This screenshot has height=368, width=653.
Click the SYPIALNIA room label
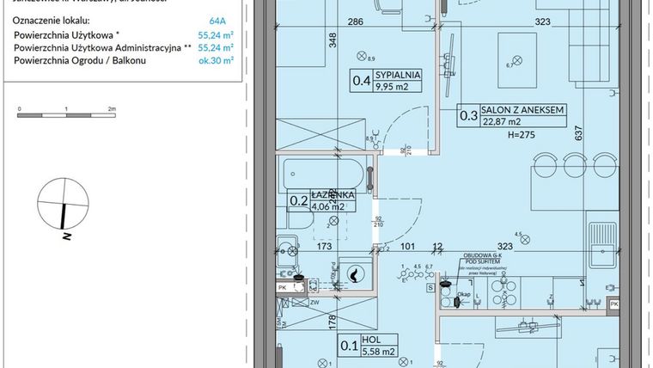coord(398,75)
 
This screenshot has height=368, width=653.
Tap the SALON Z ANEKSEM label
coord(523,110)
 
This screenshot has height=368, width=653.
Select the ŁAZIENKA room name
coord(327,194)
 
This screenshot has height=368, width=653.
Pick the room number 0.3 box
coord(469,116)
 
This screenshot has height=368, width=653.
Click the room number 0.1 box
coord(350,346)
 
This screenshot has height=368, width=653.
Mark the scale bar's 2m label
coord(112,110)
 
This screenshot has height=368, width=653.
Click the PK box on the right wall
coord(613,304)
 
